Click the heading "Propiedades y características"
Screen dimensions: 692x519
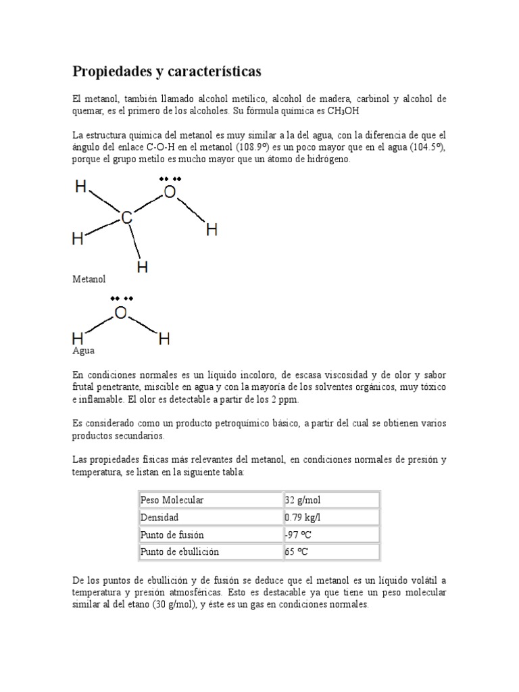pyautogui.click(x=166, y=71)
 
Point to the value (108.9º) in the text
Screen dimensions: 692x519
pyautogui.click(x=254, y=147)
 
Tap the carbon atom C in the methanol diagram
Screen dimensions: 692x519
pyautogui.click(x=127, y=218)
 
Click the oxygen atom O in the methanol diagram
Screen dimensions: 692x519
pyautogui.click(x=170, y=193)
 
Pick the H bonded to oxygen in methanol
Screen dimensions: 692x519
pyautogui.click(x=212, y=230)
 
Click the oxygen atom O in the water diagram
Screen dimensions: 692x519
pyautogui.click(x=120, y=313)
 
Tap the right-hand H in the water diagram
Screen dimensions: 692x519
pyautogui.click(x=164, y=339)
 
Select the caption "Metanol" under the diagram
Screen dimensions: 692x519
pyautogui.click(x=89, y=278)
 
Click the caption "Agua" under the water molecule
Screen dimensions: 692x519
pyautogui.click(x=84, y=351)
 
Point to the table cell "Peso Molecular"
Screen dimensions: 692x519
pyautogui.click(x=172, y=500)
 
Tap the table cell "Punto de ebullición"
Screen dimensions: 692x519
pyautogui.click(x=179, y=551)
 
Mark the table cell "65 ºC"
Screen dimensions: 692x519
pyautogui.click(x=297, y=551)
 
